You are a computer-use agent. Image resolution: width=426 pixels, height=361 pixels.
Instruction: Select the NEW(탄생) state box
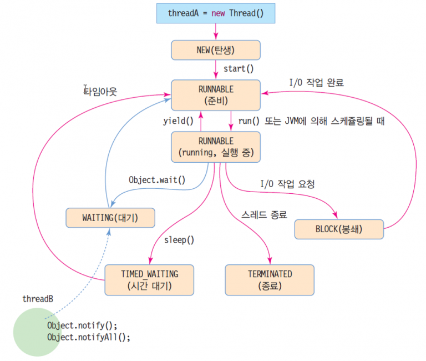216,50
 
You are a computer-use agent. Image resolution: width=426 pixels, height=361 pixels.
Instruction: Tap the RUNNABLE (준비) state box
216,95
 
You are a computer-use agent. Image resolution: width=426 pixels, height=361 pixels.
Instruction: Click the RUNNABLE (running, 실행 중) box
216,147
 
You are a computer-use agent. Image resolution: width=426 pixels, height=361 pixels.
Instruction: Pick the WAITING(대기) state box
110,218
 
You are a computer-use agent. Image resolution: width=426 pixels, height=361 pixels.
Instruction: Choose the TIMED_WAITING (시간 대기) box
150,280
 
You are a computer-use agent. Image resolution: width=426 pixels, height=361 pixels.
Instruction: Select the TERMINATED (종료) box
270,280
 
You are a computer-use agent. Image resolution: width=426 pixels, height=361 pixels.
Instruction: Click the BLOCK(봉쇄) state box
338,229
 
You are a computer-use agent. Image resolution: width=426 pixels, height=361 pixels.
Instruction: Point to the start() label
239,69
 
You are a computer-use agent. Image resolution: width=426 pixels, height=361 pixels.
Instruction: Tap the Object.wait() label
157,180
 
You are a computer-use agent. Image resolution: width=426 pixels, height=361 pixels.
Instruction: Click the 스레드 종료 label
264,214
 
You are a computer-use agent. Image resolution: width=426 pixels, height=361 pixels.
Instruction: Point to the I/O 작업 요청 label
287,184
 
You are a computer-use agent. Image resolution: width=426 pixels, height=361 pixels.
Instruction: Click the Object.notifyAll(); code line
89,337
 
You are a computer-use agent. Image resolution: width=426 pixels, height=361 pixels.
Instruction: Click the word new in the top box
218,13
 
